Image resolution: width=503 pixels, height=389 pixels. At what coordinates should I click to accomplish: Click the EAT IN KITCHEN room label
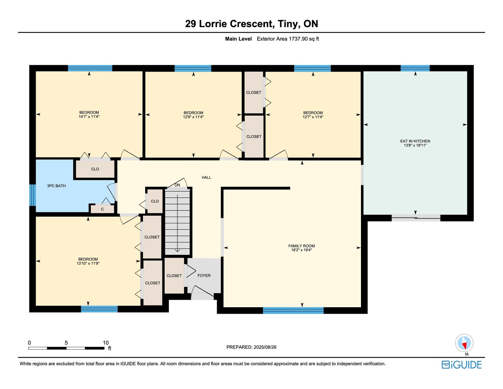415,141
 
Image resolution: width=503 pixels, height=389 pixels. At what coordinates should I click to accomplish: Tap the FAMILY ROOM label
301,246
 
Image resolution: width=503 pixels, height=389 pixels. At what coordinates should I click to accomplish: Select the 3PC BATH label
56,186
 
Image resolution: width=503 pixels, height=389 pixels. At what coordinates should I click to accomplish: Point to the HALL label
206,177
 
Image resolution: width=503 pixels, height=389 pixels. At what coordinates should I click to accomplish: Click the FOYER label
204,275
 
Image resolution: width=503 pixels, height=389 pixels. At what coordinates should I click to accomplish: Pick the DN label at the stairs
177,185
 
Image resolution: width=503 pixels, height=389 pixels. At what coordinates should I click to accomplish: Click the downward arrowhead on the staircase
177,250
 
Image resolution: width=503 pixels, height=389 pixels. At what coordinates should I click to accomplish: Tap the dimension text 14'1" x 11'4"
89,117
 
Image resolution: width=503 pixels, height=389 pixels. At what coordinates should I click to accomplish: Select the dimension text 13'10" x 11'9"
88,263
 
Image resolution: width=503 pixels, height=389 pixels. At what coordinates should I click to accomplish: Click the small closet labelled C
102,209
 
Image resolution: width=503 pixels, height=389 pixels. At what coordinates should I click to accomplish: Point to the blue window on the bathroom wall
33,195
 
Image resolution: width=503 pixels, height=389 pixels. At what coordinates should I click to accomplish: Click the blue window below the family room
293,311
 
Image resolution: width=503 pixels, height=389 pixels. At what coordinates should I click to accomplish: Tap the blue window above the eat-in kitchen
415,68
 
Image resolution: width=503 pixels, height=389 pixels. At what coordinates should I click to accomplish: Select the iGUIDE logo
462,365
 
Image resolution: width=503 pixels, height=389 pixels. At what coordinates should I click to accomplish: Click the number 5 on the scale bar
66,343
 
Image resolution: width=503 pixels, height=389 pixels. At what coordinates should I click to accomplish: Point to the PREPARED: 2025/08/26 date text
251,347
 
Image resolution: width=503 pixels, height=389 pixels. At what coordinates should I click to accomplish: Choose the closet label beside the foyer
174,275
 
